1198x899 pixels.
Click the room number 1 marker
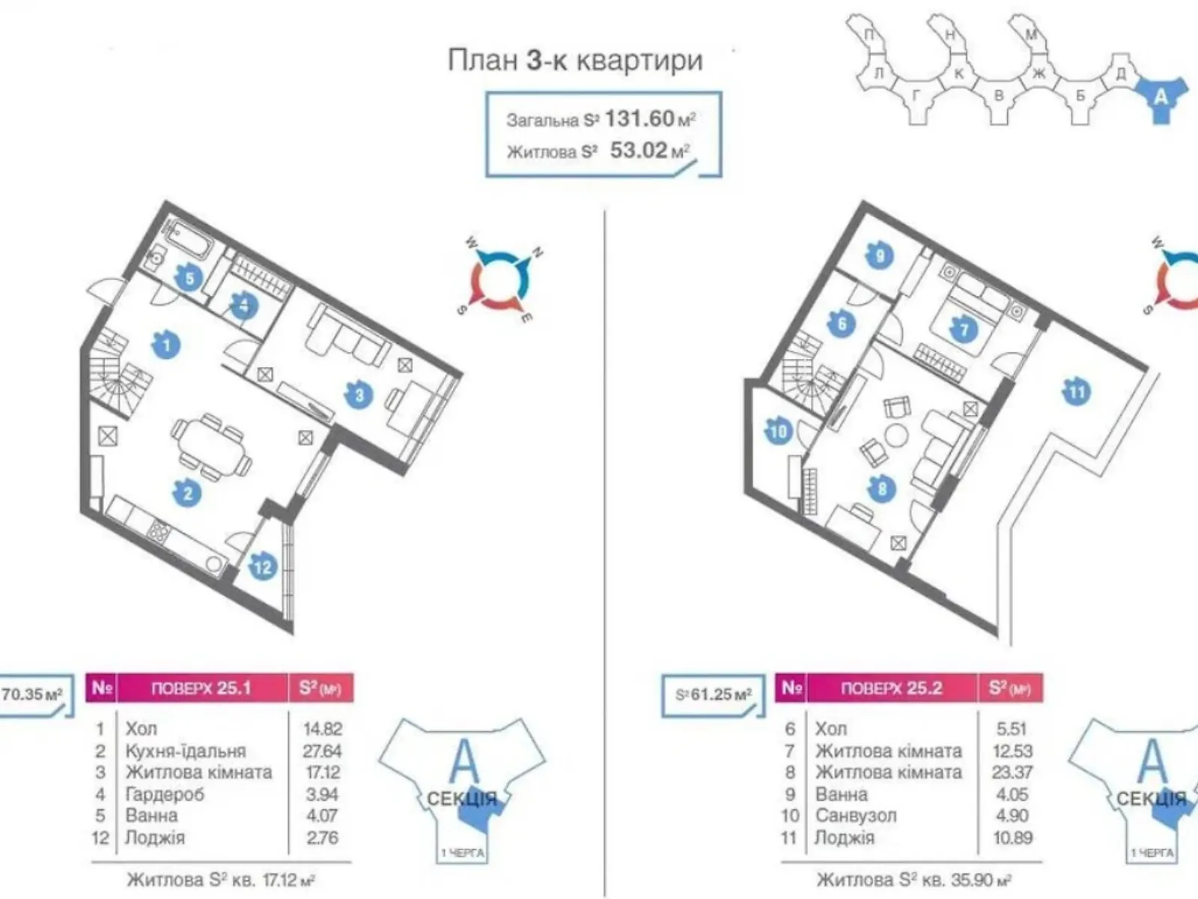click(166, 345)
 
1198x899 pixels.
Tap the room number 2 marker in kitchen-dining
click(188, 492)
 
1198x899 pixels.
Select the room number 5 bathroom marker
click(189, 279)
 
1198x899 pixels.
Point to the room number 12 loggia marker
click(263, 567)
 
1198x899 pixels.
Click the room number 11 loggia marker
click(1077, 392)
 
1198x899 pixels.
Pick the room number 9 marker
click(881, 256)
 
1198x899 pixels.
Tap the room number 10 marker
click(779, 432)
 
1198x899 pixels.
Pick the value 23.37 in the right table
click(1012, 772)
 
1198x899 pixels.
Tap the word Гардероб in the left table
click(165, 794)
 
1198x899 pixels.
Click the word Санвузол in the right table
click(856, 816)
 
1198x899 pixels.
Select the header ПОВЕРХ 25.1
click(201, 688)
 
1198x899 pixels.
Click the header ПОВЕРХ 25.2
click(891, 688)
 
